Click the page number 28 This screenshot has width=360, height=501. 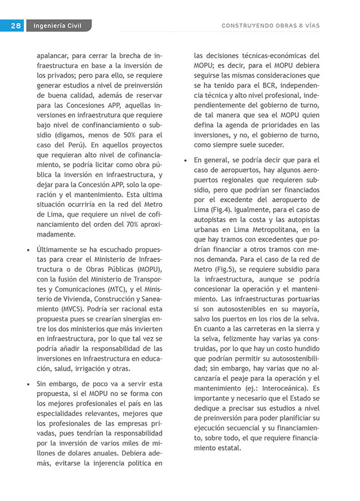point(15,25)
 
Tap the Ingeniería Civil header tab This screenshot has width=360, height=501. point(56,25)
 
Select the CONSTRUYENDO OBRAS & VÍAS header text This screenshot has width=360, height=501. point(270,25)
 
